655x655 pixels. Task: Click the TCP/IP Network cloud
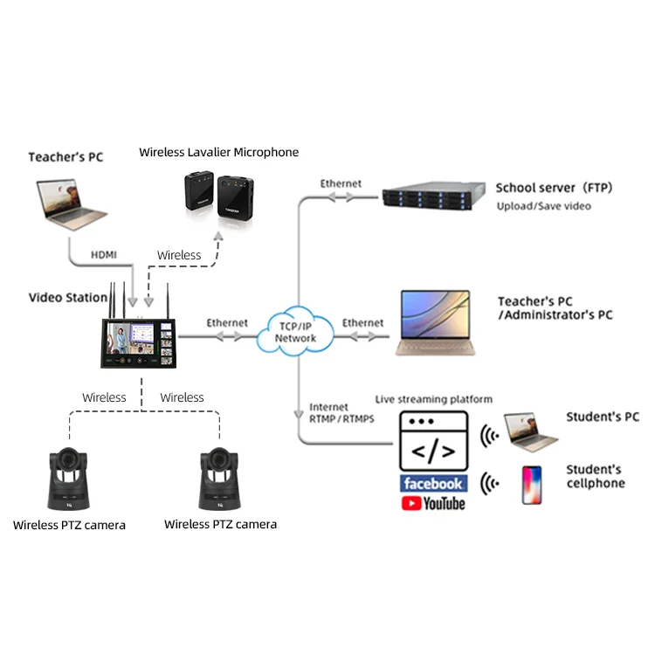click(x=295, y=330)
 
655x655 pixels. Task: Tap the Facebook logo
click(x=434, y=483)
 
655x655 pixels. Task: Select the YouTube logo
click(x=434, y=503)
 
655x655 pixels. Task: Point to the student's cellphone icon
click(x=531, y=485)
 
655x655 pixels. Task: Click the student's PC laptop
click(x=531, y=426)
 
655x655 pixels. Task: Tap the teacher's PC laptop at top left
click(x=72, y=204)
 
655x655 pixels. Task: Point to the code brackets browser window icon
click(x=433, y=441)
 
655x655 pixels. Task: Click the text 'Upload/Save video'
click(x=543, y=206)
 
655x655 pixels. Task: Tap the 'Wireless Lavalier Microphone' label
click(x=218, y=152)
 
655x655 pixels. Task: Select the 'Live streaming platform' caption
click(x=434, y=399)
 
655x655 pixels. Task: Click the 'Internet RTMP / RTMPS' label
click(x=341, y=413)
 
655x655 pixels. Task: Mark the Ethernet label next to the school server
click(x=341, y=183)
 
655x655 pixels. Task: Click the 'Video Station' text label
click(x=68, y=298)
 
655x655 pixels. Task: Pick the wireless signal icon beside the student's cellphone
click(x=491, y=483)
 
